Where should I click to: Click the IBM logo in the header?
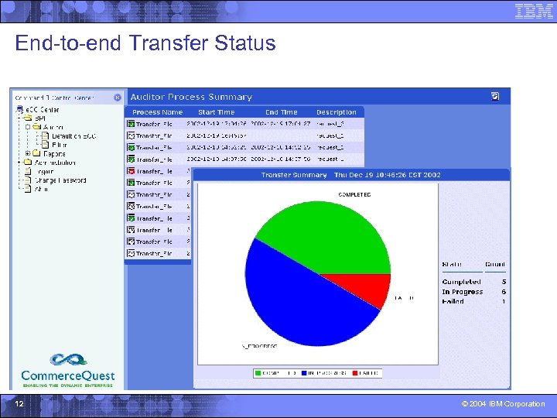[534, 11]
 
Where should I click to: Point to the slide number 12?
[19, 403]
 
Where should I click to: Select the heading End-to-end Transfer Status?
[145, 43]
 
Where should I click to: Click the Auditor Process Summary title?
[191, 97]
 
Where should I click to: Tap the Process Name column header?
[157, 112]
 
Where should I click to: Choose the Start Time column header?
[216, 112]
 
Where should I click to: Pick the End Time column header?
[281, 112]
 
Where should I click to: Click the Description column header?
[336, 112]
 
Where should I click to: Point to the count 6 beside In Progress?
[504, 292]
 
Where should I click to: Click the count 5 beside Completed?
[504, 282]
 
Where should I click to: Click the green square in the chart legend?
[259, 373]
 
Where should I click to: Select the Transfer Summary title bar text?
[350, 175]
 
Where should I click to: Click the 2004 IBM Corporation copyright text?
[503, 404]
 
